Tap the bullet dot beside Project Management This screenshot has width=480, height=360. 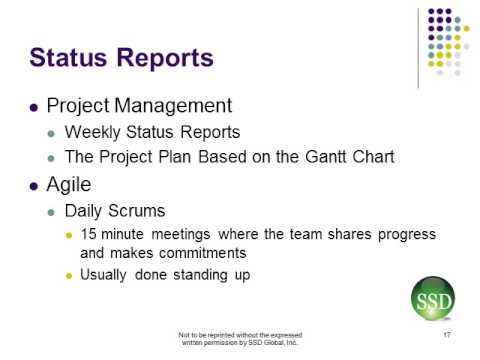[x=36, y=105]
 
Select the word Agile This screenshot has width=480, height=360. [x=74, y=184]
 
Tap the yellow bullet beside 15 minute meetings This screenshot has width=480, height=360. [x=69, y=234]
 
